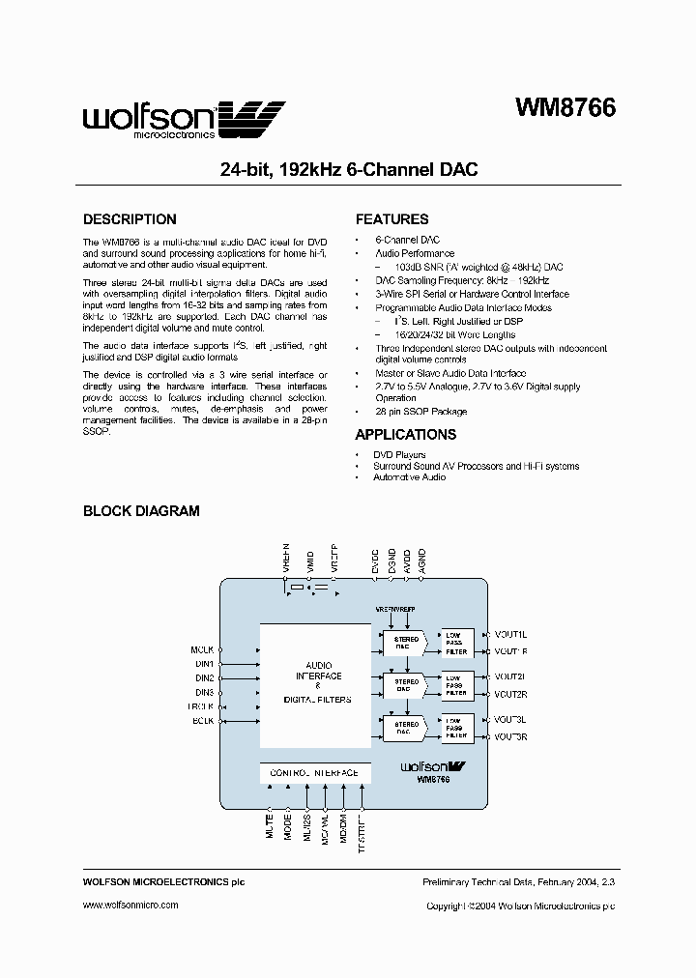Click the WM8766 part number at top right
click(x=563, y=108)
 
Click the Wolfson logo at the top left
click(x=184, y=119)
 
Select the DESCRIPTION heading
click(x=130, y=219)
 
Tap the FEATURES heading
click(x=391, y=219)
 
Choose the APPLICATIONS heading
click(x=405, y=435)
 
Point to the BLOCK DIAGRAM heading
click(x=141, y=511)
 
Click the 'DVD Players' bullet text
click(x=399, y=454)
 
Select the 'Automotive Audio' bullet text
click(x=409, y=477)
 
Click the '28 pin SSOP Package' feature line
click(x=420, y=412)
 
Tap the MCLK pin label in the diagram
click(x=201, y=651)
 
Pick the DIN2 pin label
click(x=203, y=678)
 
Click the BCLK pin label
click(x=202, y=721)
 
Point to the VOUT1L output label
click(x=509, y=634)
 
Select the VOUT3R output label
click(x=509, y=737)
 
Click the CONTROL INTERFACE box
click(x=314, y=773)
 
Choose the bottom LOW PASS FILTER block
click(x=455, y=729)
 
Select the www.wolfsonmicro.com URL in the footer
click(x=130, y=906)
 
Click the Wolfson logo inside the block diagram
click(x=433, y=766)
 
